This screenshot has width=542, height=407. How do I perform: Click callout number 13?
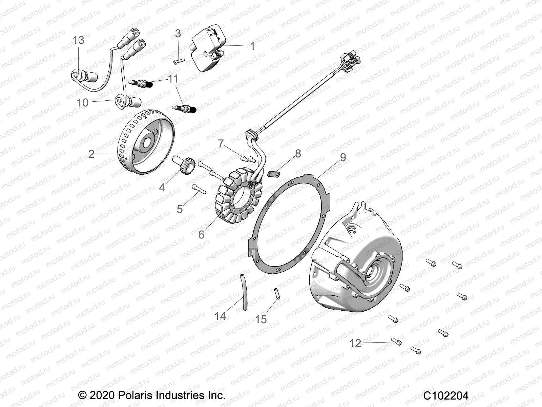[x=79, y=40]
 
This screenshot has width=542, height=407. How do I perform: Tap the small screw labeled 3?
[x=179, y=61]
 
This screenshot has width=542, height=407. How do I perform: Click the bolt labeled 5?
[x=199, y=189]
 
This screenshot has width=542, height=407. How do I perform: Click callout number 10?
[x=83, y=102]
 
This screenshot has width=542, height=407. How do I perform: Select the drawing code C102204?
[x=445, y=396]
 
